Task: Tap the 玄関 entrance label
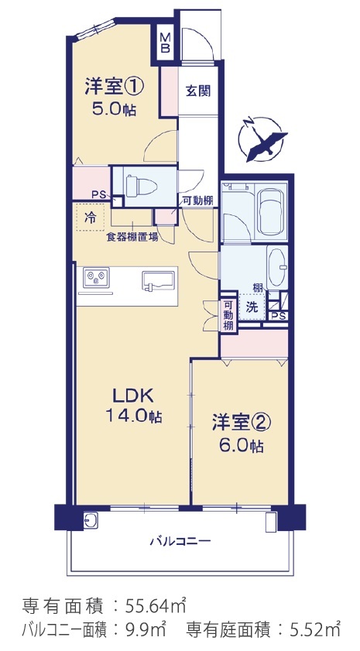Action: point(198,91)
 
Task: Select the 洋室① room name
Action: point(115,87)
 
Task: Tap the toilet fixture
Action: point(141,187)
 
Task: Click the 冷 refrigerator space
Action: point(90,218)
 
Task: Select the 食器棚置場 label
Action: point(132,238)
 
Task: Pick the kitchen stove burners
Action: point(96,277)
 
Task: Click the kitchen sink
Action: point(159,280)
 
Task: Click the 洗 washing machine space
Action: point(251,307)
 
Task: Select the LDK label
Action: point(134,396)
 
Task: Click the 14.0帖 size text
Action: point(134,416)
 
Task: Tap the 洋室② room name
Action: point(242,423)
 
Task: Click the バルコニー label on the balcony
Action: point(180,541)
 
